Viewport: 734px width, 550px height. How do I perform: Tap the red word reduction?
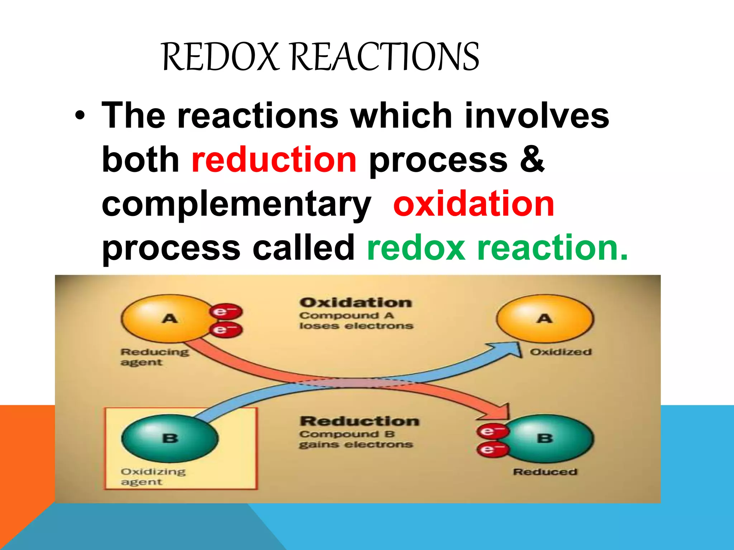[274, 160]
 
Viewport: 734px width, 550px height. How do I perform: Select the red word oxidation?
[473, 204]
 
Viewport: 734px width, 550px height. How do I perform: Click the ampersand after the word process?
[532, 160]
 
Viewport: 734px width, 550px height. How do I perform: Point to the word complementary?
[236, 205]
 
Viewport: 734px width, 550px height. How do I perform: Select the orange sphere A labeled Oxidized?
[544, 318]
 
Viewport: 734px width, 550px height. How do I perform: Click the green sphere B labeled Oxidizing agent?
[170, 438]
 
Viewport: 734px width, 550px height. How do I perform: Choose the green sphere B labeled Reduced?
[548, 438]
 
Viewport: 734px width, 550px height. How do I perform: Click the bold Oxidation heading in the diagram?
[356, 303]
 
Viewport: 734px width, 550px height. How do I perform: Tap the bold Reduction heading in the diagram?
[359, 421]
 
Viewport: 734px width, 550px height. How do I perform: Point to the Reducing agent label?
[154, 357]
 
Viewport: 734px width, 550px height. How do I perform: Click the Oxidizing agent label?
[153, 477]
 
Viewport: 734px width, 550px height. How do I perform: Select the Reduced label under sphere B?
[545, 472]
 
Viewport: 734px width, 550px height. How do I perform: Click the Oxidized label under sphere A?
[561, 352]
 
